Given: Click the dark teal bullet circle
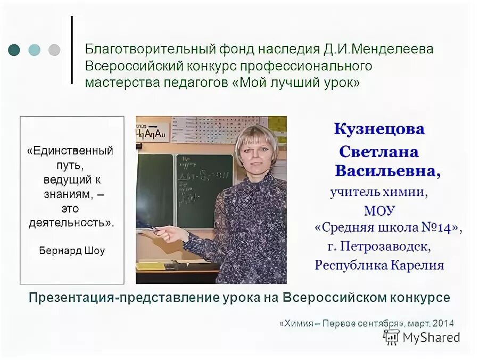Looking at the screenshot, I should (14, 50).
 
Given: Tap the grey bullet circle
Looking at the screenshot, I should (54, 50).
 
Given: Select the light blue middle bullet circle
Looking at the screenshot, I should (34, 50).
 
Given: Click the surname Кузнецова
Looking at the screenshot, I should (379, 129).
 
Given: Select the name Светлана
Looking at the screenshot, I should (379, 152).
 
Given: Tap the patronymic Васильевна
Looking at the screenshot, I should (387, 171).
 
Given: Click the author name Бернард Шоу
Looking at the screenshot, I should (72, 251).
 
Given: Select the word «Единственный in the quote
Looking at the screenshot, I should (70, 151).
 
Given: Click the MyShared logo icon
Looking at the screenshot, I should (391, 337).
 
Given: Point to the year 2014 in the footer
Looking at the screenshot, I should (443, 323).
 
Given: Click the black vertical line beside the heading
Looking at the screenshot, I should (72, 50).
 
